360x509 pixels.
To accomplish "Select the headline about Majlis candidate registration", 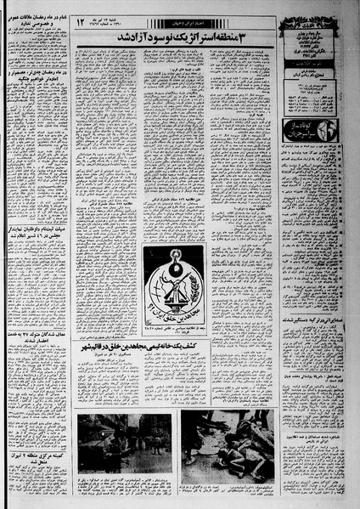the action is [x=37, y=223].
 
